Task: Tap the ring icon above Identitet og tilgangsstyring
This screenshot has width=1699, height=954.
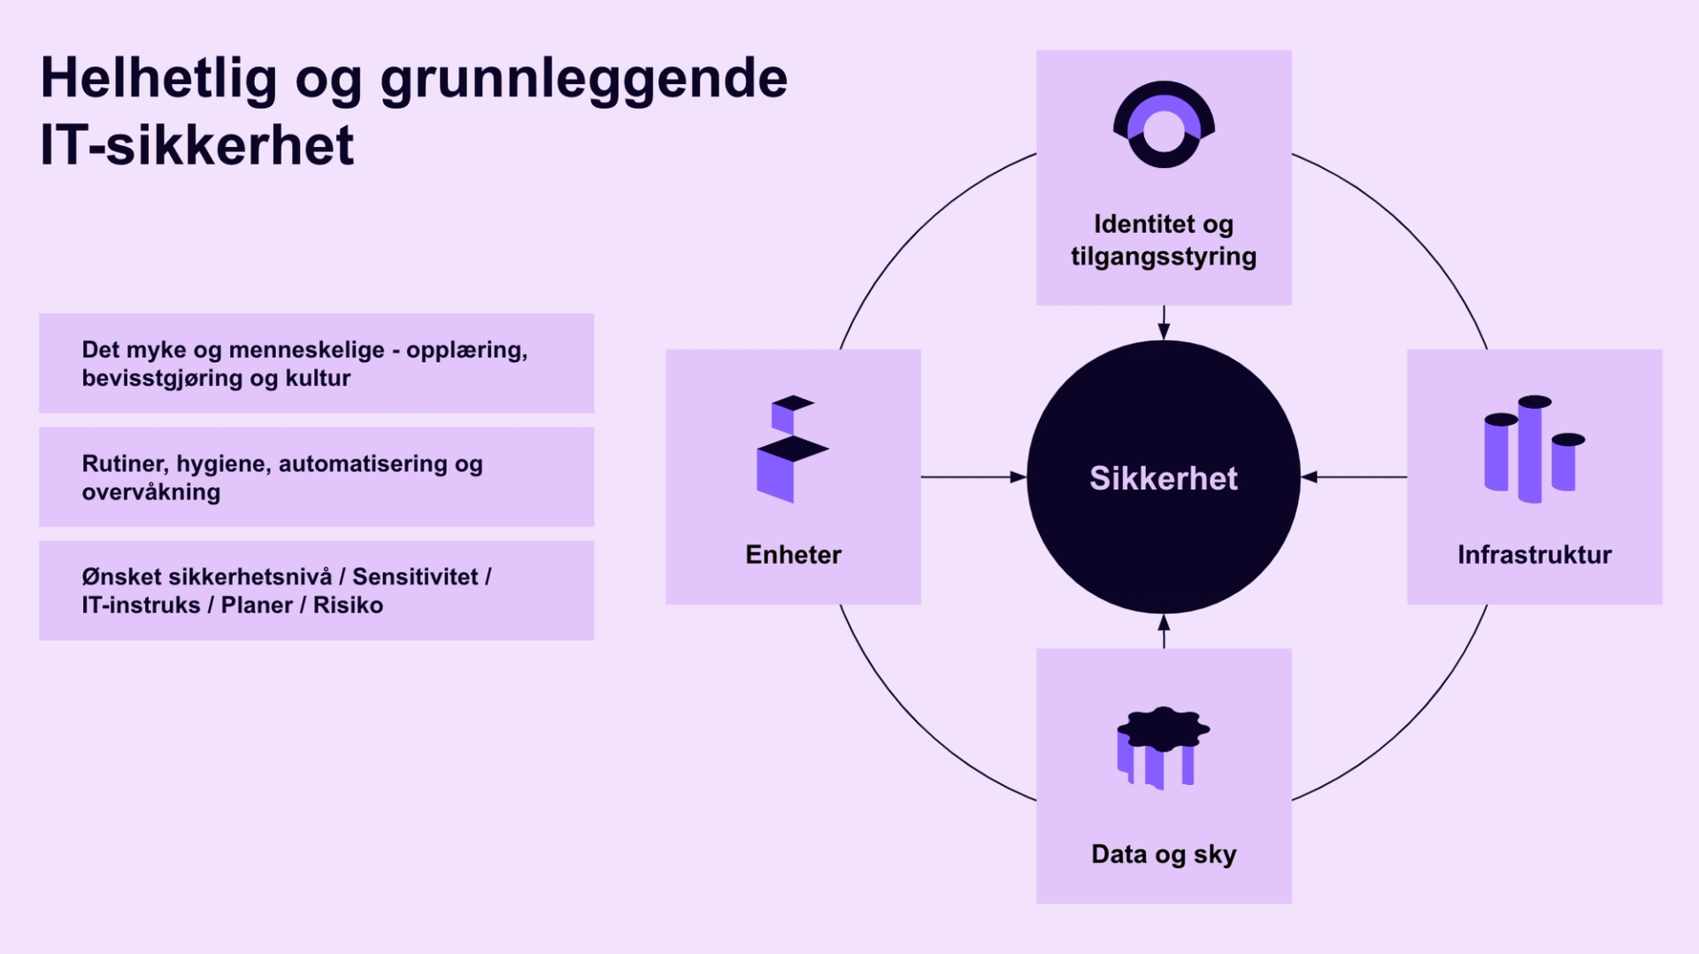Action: pyautogui.click(x=1164, y=125)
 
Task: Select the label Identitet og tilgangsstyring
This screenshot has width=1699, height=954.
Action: pyautogui.click(x=1164, y=240)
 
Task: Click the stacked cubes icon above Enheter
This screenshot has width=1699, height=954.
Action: pyautogui.click(x=791, y=449)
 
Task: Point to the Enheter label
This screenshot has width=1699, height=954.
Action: pyautogui.click(x=793, y=555)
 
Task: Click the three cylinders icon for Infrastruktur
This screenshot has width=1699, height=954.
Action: pyautogui.click(x=1534, y=449)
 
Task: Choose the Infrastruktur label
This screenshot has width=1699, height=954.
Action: pyautogui.click(x=1534, y=555)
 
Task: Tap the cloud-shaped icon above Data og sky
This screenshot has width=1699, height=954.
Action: pyautogui.click(x=1163, y=746)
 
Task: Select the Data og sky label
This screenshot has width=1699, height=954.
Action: pyautogui.click(x=1164, y=854)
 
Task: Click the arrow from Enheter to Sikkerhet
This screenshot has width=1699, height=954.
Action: pyautogui.click(x=973, y=477)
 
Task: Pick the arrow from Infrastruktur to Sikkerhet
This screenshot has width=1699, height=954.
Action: pyautogui.click(x=1354, y=477)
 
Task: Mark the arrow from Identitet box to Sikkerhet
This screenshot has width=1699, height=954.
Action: pyautogui.click(x=1164, y=323)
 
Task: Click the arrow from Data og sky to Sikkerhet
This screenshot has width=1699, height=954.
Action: pyautogui.click(x=1164, y=631)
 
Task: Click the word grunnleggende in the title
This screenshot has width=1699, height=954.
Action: pyautogui.click(x=584, y=80)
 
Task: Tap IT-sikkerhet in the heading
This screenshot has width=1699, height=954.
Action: pyautogui.click(x=197, y=146)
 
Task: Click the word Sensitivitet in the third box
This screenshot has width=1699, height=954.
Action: pyautogui.click(x=415, y=577)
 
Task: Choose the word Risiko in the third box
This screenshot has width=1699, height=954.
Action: pyautogui.click(x=348, y=605)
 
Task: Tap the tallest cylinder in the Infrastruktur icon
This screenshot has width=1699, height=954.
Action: pyautogui.click(x=1533, y=449)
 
